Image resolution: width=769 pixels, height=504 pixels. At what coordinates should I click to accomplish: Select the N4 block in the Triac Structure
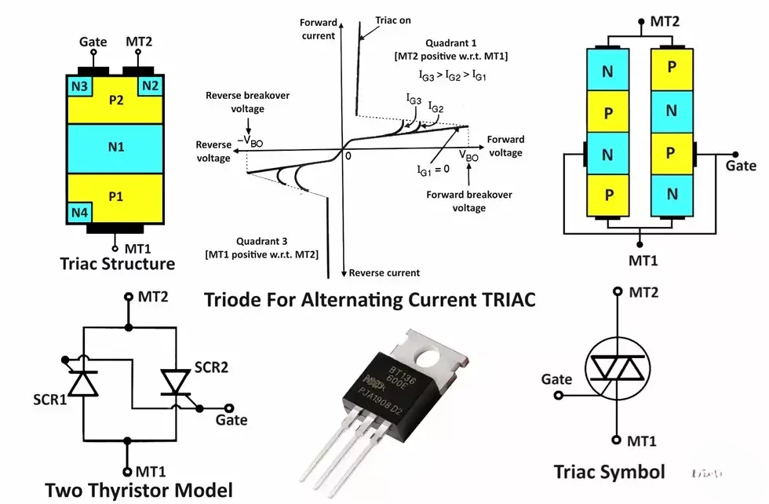79,212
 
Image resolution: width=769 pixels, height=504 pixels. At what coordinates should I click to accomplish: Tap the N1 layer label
115,147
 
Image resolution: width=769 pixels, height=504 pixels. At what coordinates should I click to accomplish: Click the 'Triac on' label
393,20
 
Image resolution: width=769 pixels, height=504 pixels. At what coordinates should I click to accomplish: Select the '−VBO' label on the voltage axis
250,139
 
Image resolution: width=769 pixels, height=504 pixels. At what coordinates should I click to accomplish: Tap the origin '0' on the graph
348,156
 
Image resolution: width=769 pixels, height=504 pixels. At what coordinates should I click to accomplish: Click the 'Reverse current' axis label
384,272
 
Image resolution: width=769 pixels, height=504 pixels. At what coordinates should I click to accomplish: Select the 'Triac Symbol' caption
609,473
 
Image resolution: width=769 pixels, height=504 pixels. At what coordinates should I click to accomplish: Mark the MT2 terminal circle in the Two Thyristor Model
128,298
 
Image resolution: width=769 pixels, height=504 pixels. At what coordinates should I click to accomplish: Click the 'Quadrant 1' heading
456,41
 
